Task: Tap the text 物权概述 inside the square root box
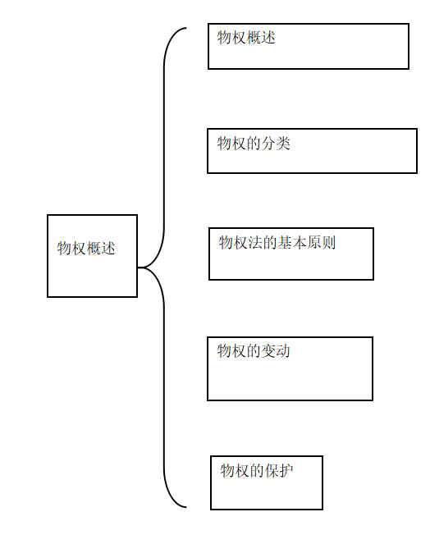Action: point(86,249)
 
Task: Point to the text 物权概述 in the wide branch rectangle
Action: point(246,38)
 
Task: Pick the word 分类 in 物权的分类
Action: point(276,144)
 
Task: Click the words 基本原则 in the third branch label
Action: point(306,243)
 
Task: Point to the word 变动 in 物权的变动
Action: point(276,351)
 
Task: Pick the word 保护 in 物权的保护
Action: point(279,471)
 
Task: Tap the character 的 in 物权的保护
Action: point(257,471)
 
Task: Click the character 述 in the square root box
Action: point(108,249)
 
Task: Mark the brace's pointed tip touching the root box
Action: point(138,267)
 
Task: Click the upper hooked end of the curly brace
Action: point(186,28)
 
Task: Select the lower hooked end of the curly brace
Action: point(186,507)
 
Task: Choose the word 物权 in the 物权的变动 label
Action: point(231,351)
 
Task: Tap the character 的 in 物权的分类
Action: point(254,144)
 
